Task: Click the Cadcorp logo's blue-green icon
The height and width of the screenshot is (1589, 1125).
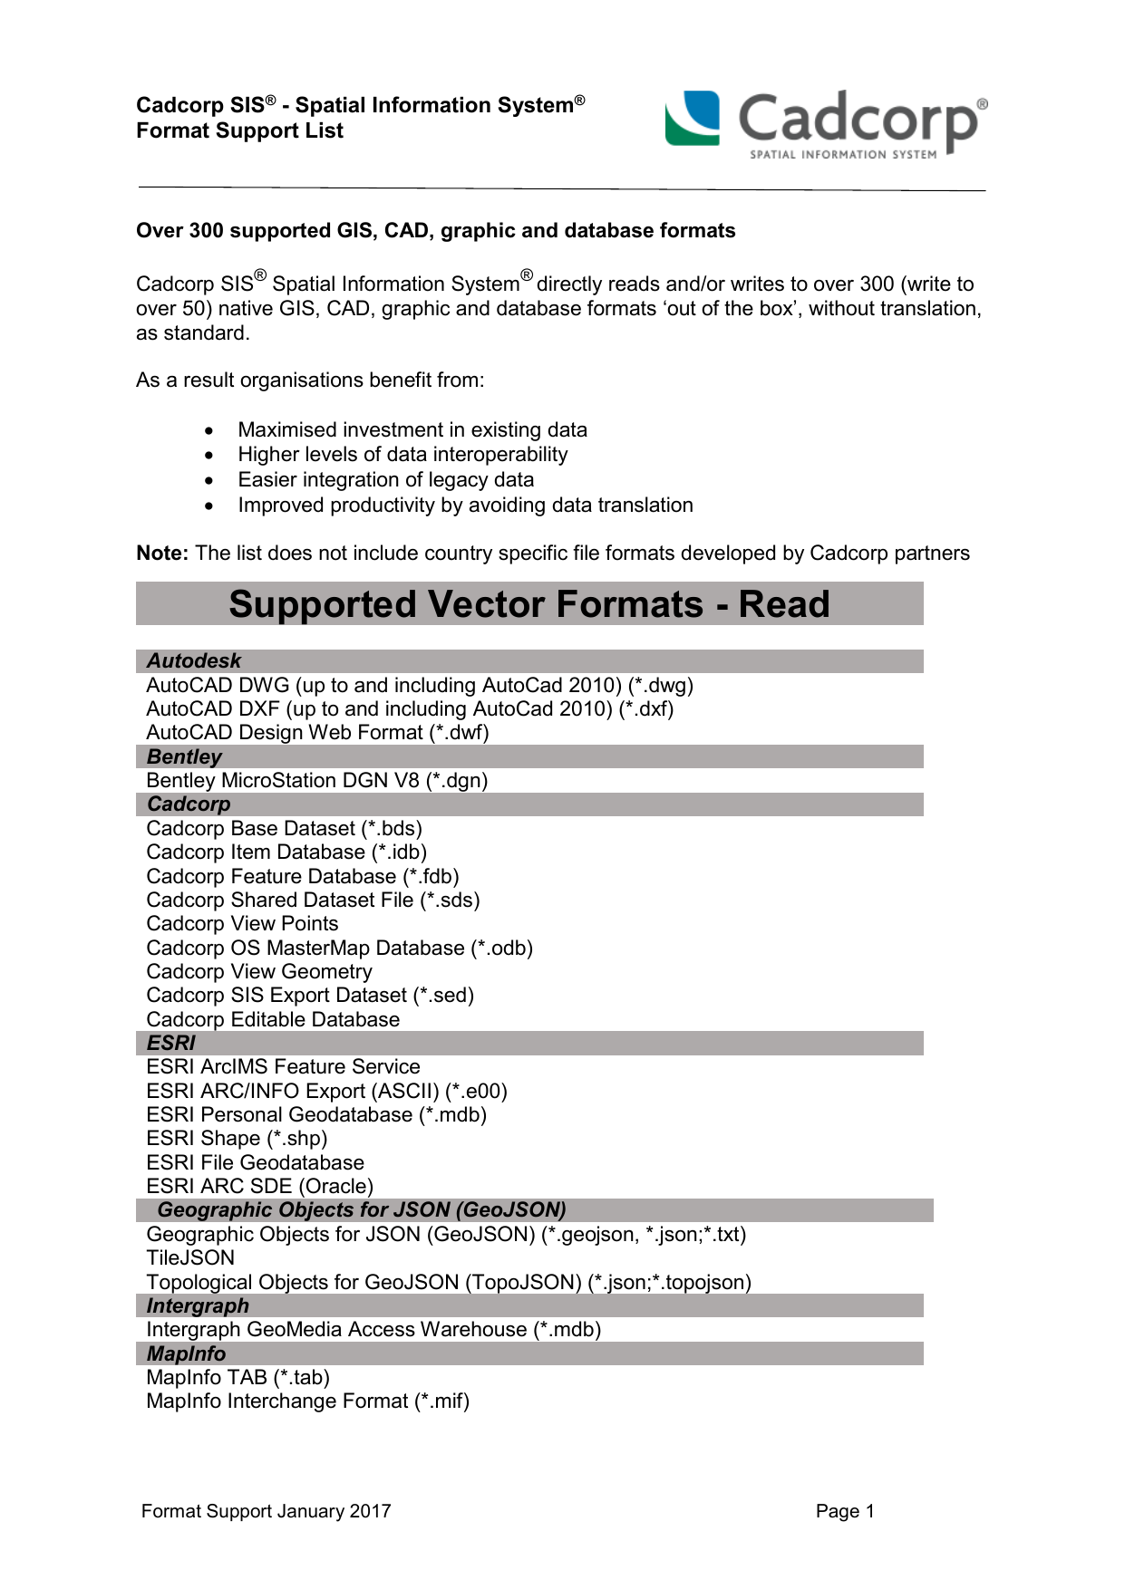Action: [x=693, y=118]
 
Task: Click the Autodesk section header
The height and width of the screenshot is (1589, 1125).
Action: [x=194, y=661]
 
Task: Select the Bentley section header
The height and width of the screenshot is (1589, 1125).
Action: [x=184, y=756]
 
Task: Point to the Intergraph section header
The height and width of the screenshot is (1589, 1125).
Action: [x=198, y=1305]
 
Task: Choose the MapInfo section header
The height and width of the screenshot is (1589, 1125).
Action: [x=186, y=1353]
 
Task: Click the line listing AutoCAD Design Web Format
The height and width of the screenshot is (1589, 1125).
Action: [x=317, y=732]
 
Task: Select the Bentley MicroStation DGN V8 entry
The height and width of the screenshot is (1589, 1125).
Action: [x=316, y=780]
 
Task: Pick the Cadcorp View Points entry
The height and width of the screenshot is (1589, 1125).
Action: [x=242, y=923]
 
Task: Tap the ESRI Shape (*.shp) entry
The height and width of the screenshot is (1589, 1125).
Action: [x=237, y=1138]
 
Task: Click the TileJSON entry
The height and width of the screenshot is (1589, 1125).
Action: [x=190, y=1257]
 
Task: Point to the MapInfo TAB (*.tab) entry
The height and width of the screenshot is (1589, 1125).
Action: [x=238, y=1377]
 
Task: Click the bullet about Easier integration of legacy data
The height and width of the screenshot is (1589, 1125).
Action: [x=385, y=479]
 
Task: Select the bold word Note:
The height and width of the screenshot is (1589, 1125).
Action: [x=162, y=553]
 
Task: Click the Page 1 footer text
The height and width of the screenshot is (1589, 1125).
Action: [x=844, y=1510]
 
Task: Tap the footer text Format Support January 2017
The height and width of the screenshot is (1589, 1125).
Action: [x=266, y=1510]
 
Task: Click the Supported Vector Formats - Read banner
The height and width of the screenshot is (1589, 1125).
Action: [x=529, y=603]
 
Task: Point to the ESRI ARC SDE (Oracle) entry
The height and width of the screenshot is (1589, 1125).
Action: [x=259, y=1186]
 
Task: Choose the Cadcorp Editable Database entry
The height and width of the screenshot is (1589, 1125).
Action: [x=273, y=1019]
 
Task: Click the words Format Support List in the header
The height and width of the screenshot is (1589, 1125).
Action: [x=239, y=130]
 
